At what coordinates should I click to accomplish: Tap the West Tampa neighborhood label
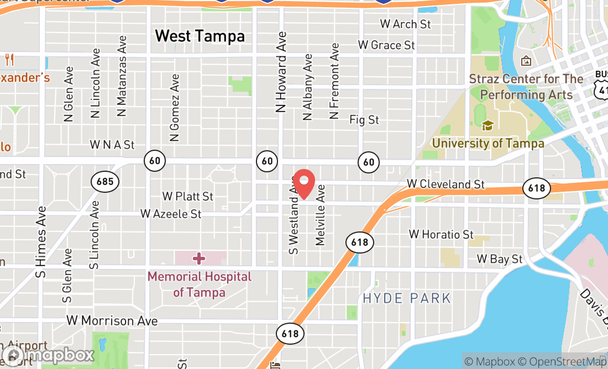pyautogui.click(x=200, y=36)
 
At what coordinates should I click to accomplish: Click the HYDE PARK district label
pyautogui.click(x=407, y=299)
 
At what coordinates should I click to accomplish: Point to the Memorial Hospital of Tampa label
pyautogui.click(x=199, y=284)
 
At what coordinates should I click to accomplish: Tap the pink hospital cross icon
pyautogui.click(x=199, y=258)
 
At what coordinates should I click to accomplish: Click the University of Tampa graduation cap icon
pyautogui.click(x=487, y=126)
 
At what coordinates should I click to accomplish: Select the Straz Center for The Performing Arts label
pyautogui.click(x=526, y=87)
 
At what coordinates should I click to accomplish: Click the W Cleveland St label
pyautogui.click(x=445, y=184)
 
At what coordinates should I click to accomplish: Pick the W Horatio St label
pyautogui.click(x=441, y=234)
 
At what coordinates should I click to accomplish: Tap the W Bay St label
pyautogui.click(x=500, y=259)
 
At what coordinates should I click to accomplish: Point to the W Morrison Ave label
pyautogui.click(x=112, y=320)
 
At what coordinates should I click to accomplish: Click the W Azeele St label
pyautogui.click(x=171, y=213)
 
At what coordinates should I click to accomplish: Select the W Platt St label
pyautogui.click(x=188, y=196)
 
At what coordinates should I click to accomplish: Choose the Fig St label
pyautogui.click(x=364, y=119)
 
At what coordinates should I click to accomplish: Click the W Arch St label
pyautogui.click(x=405, y=24)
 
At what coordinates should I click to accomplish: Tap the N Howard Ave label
pyautogui.click(x=282, y=72)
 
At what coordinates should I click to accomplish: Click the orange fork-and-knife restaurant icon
pyautogui.click(x=9, y=60)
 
